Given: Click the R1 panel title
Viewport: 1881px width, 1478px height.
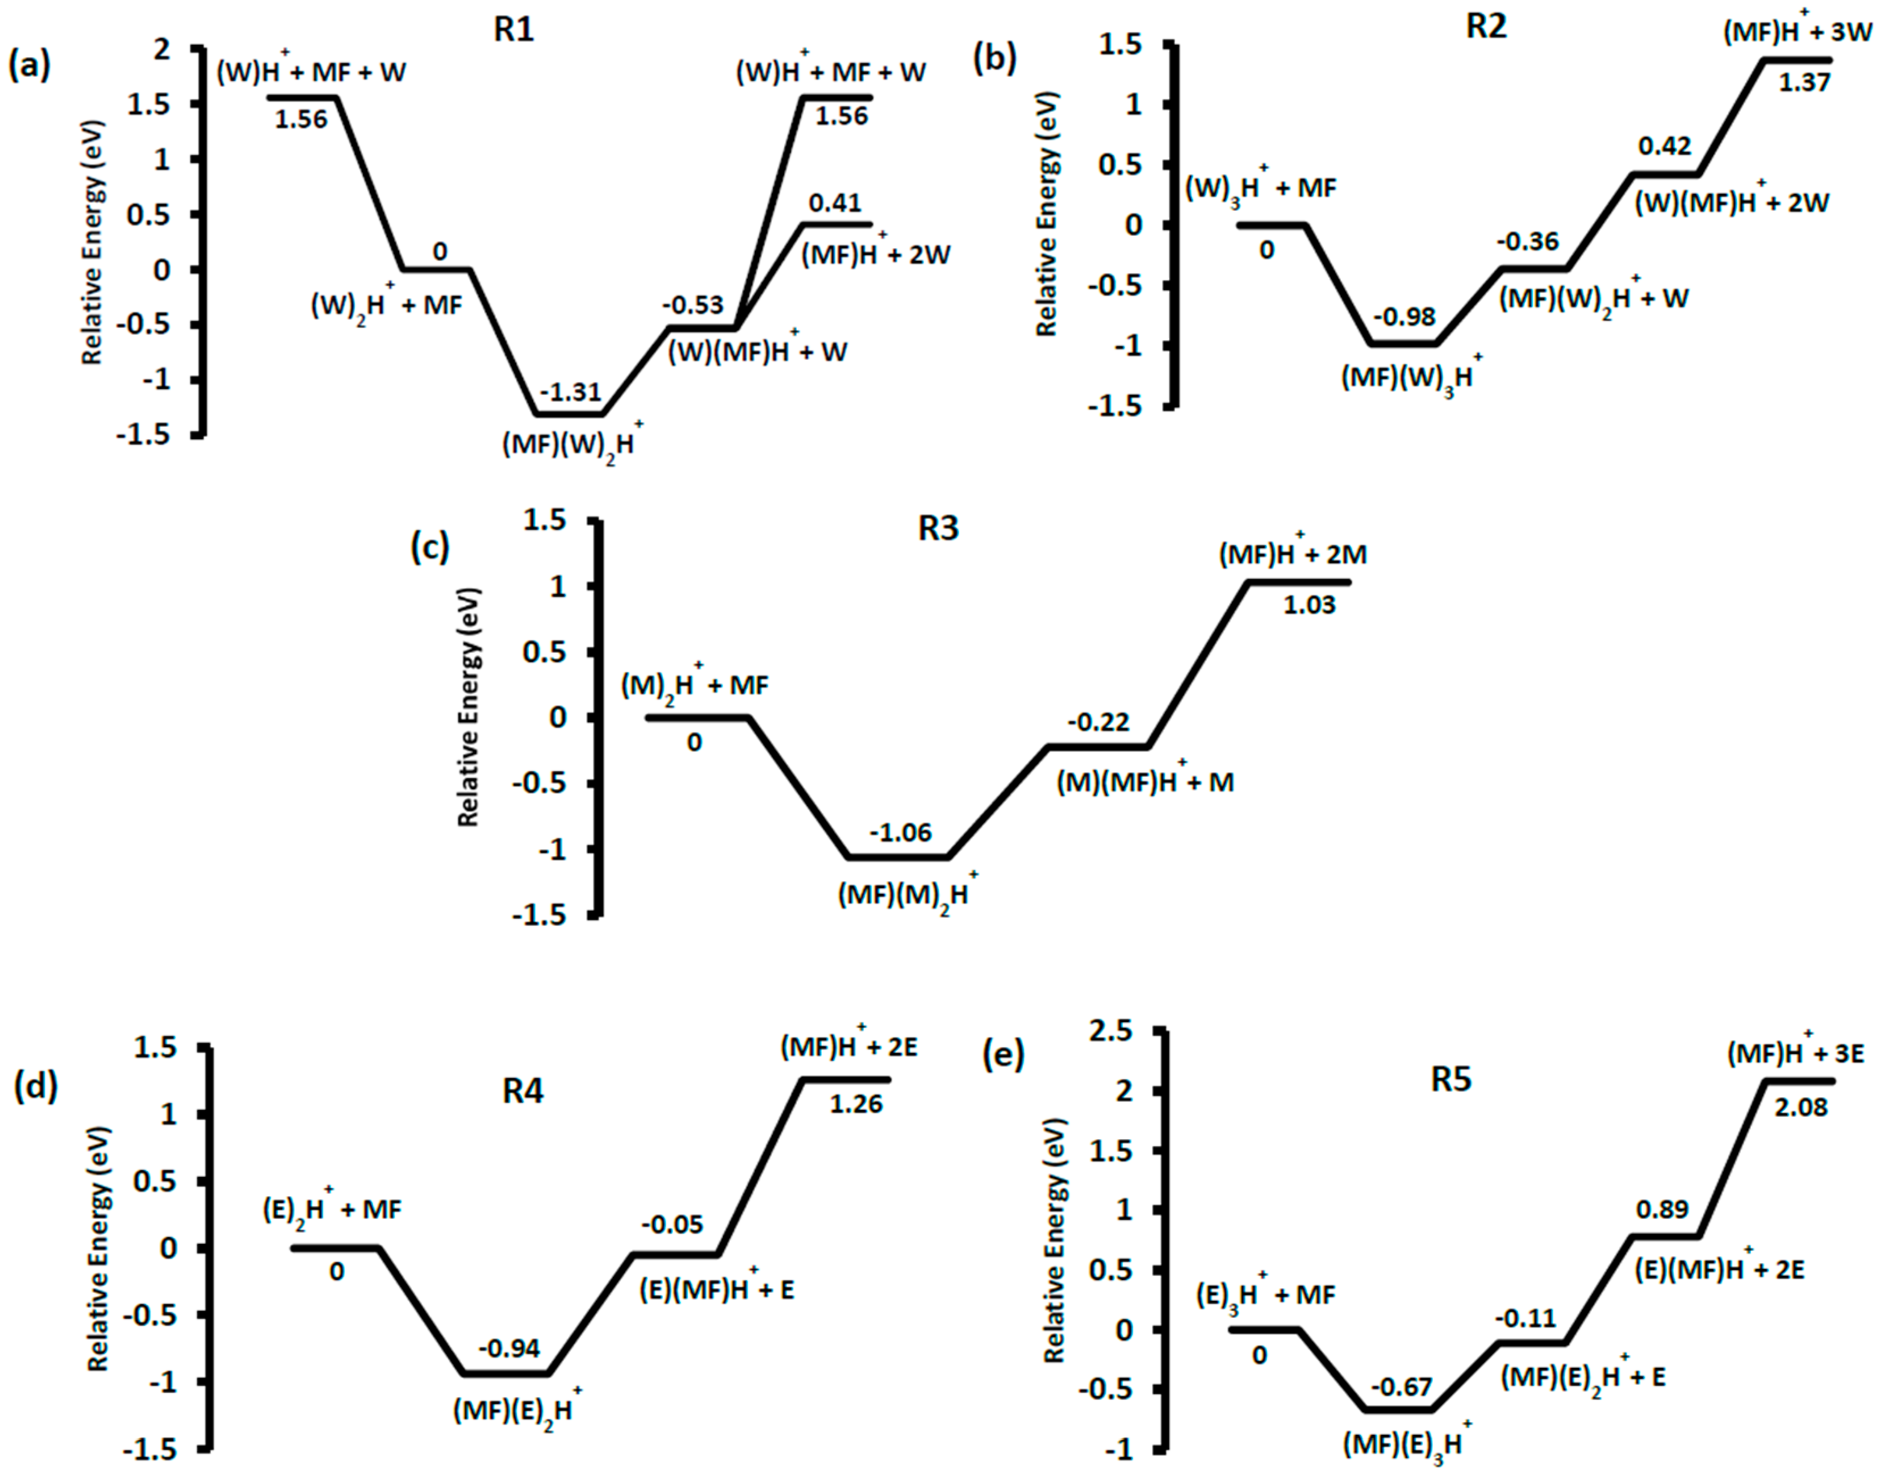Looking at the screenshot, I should [514, 30].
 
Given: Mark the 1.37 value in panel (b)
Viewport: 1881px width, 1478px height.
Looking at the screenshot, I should [1805, 82].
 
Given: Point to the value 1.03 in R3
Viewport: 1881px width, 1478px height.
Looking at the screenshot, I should [1309, 604].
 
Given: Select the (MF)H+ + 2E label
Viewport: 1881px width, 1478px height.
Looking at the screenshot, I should [848, 1047].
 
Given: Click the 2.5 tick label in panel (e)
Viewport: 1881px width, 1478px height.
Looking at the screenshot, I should [1111, 1031].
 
